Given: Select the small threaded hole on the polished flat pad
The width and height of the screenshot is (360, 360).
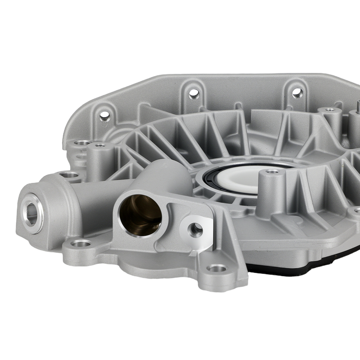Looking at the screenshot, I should click(195, 228).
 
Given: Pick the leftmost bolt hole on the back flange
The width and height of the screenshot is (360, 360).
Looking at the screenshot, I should click(105, 116).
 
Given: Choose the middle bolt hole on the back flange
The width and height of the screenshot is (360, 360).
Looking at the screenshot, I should click(194, 94).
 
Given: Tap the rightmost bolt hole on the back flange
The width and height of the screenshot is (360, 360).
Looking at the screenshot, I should click(297, 93).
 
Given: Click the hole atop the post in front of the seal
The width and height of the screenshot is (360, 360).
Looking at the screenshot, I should click(272, 171).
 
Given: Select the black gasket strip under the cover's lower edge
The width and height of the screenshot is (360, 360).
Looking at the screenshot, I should click(306, 268).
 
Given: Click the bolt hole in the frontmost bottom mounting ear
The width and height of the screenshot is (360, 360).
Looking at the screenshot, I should click(217, 268).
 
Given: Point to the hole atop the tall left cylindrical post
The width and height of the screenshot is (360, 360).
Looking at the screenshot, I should click(100, 145).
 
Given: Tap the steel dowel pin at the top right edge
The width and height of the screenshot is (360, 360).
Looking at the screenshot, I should click(358, 105).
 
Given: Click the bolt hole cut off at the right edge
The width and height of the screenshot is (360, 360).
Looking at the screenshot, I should click(357, 210).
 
